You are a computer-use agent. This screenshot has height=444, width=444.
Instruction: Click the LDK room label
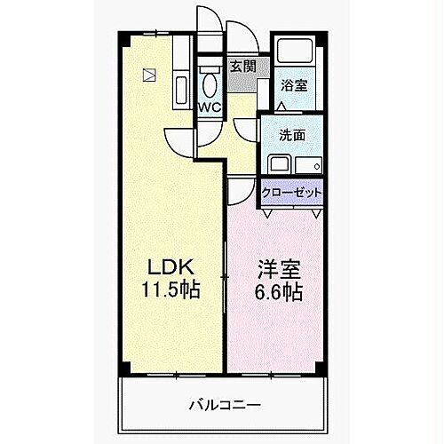coord(165,267)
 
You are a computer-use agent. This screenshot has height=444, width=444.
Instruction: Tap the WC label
coord(210,107)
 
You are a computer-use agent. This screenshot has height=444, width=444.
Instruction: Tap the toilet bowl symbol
coord(210,83)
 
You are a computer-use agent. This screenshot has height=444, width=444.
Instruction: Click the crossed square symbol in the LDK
coord(149,75)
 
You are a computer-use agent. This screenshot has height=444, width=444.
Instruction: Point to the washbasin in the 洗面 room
coord(277,165)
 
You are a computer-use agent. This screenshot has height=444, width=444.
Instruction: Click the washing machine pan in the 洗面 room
coord(307,165)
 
